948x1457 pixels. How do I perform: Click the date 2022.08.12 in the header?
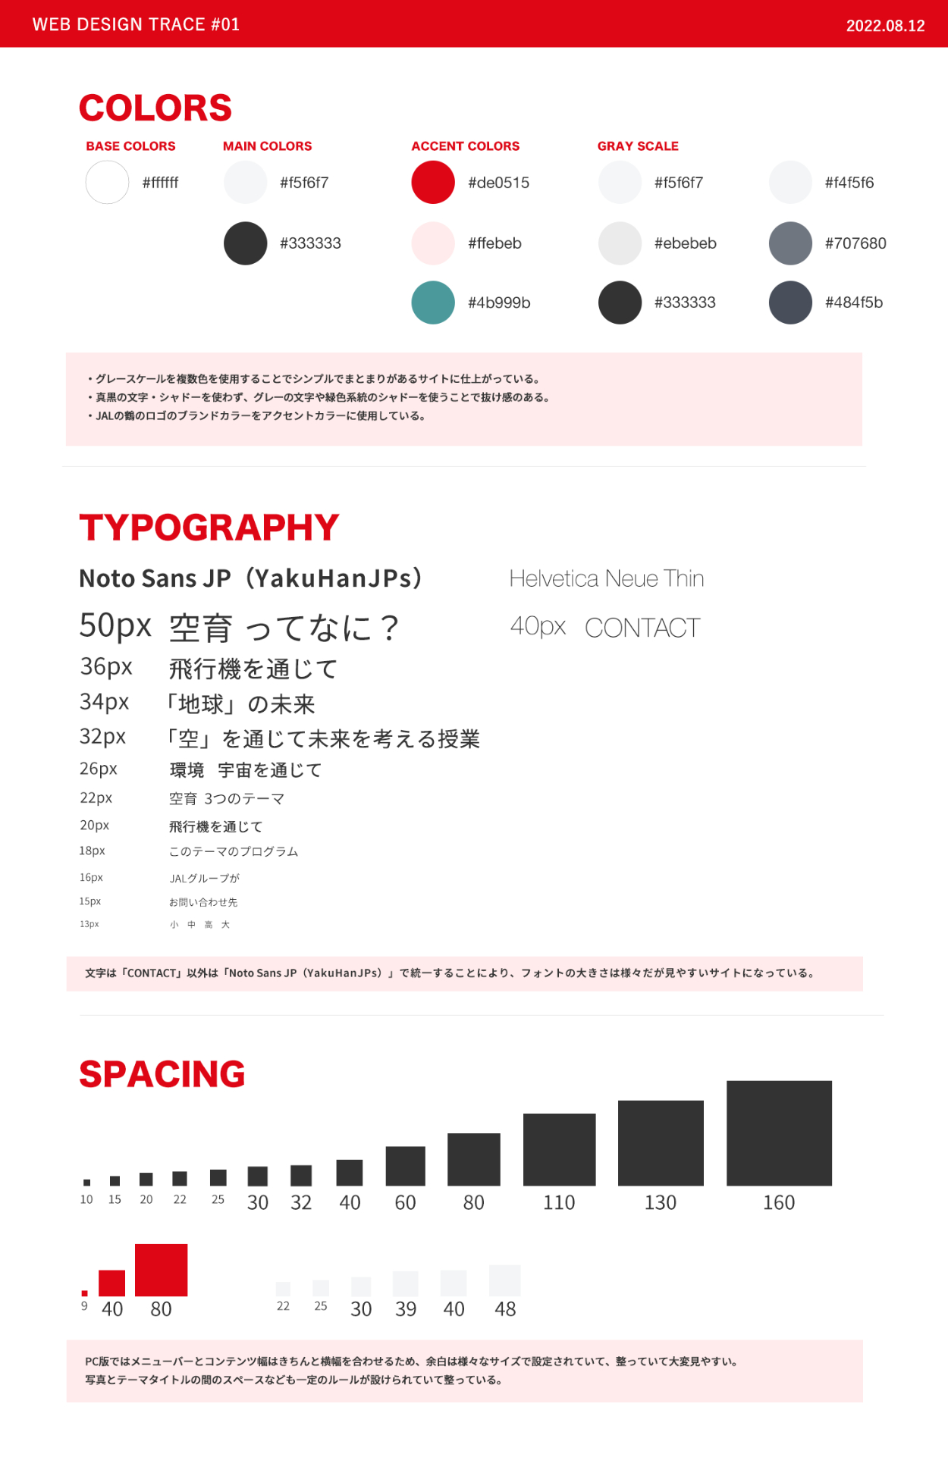pos(885,26)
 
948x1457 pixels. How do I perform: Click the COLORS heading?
pos(155,108)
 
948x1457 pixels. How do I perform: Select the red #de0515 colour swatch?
pos(433,183)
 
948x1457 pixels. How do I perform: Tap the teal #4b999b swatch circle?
pos(433,302)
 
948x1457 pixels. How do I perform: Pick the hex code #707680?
pos(855,243)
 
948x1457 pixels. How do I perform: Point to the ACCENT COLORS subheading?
pos(466,146)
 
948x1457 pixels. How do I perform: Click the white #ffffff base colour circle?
pos(107,183)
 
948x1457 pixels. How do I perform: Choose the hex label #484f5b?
pos(854,302)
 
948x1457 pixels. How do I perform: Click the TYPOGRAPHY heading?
pos(209,528)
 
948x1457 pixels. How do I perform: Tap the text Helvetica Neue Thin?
pos(607,578)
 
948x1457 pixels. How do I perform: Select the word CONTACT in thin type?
pos(642,628)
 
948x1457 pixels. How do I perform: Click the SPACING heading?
pos(162,1074)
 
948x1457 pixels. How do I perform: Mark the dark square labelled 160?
pos(779,1133)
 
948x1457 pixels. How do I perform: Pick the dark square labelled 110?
pos(559,1149)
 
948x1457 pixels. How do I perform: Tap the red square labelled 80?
pos(161,1270)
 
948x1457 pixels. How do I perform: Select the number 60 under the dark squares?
pos(405,1203)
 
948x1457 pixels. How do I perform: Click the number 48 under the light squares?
pos(505,1309)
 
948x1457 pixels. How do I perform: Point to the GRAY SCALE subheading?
pos(638,146)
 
